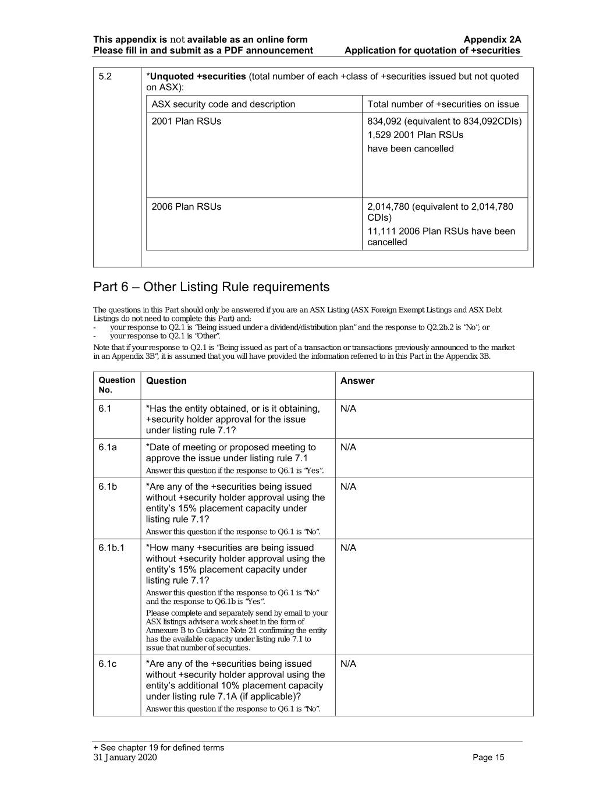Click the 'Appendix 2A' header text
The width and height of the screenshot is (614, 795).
pyautogui.click(x=492, y=40)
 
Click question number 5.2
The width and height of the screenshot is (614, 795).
pyautogui.click(x=105, y=76)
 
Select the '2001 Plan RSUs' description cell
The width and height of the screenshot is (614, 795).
pyautogui.click(x=186, y=121)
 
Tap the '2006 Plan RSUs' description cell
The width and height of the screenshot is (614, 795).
pyautogui.click(x=186, y=206)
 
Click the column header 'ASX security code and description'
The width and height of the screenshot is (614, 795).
pyautogui.click(x=223, y=104)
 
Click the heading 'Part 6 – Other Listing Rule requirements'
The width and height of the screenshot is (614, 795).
pyautogui.click(x=211, y=287)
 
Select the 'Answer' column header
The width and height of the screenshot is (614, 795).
pyautogui.click(x=357, y=381)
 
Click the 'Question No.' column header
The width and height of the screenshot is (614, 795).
pyautogui.click(x=116, y=385)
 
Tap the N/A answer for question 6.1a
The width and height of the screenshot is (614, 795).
pyautogui.click(x=348, y=447)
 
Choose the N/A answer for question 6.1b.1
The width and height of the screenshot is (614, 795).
pyautogui.click(x=348, y=547)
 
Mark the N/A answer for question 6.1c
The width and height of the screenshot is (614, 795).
pyautogui.click(x=348, y=664)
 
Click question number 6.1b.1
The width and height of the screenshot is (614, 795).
pyautogui.click(x=111, y=547)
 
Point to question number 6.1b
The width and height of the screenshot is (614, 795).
pyautogui.click(x=108, y=486)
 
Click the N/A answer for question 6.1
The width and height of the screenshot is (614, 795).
pyautogui.click(x=348, y=409)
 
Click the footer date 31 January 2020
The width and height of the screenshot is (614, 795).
pyautogui.click(x=125, y=757)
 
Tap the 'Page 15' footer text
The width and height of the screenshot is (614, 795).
pyautogui.click(x=488, y=757)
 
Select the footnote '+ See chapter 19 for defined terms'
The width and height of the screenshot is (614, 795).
pyautogui.click(x=158, y=748)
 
